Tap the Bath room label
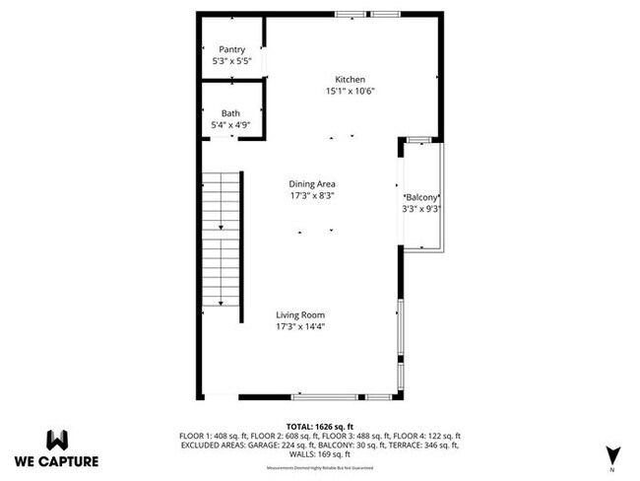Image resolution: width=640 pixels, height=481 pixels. (229, 113)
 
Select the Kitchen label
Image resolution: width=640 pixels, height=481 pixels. (350, 79)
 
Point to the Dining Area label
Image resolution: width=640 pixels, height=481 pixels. (312, 183)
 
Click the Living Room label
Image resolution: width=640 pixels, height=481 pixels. (299, 315)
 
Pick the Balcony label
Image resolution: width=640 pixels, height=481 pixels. (421, 197)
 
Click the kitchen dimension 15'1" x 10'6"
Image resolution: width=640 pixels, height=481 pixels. (350, 91)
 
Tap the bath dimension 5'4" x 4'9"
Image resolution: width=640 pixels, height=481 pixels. (229, 125)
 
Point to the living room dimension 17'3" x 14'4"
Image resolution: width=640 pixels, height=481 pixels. (299, 327)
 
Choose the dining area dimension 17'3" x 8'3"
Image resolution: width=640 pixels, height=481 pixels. (312, 195)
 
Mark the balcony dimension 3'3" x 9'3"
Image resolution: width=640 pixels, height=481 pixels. (421, 208)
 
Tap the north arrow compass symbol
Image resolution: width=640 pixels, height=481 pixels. (612, 453)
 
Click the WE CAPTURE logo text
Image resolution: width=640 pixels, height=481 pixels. (56, 460)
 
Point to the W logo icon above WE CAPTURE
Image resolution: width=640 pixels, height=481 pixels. (56, 439)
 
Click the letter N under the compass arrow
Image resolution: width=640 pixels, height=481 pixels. (612, 470)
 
